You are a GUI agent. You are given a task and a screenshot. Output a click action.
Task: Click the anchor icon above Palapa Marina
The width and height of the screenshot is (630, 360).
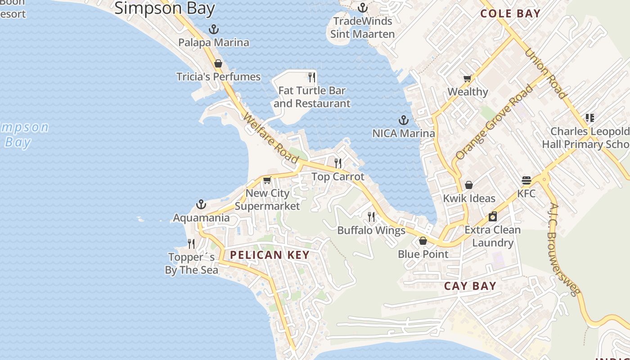[x=214, y=30]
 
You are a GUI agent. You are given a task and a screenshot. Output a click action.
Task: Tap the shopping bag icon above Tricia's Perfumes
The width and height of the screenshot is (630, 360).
[x=218, y=63]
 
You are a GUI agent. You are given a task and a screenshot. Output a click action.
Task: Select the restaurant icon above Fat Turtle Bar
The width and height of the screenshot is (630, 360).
[x=312, y=77]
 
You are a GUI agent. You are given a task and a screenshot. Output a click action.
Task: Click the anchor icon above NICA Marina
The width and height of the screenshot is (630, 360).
[x=404, y=120]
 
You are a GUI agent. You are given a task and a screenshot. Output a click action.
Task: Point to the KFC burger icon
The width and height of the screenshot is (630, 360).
[x=526, y=180]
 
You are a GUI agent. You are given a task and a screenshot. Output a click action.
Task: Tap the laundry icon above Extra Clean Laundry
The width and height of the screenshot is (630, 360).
[x=493, y=216]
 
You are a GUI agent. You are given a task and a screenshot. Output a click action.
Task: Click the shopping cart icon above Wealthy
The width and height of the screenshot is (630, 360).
[x=468, y=79]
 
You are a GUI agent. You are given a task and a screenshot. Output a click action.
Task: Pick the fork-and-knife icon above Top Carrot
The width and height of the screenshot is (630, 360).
[x=338, y=163]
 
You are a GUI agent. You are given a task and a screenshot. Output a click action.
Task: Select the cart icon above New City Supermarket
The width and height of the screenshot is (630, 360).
[x=267, y=180]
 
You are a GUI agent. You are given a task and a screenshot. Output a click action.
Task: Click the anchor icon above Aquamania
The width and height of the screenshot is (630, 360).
[x=201, y=205]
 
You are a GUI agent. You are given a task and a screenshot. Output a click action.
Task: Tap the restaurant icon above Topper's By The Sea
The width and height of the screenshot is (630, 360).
[x=191, y=244]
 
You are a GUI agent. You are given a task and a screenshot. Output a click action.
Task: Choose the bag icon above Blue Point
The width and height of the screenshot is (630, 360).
[x=423, y=241]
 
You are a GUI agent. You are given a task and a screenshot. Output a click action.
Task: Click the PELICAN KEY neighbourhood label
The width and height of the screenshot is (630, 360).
[x=270, y=255]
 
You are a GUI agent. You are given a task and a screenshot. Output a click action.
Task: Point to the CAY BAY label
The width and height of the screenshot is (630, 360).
[x=470, y=286]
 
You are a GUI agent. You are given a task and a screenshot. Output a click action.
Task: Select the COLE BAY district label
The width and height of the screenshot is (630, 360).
[x=510, y=13]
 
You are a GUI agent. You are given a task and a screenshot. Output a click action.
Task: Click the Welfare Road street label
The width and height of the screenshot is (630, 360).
[x=271, y=138]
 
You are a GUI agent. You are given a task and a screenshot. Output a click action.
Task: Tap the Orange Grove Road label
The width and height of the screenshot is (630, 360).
[x=494, y=122]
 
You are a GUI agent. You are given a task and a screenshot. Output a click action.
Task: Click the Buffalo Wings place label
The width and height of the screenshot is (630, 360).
[x=371, y=230]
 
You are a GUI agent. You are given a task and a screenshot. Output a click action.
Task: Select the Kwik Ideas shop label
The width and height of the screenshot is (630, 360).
[x=469, y=198]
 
